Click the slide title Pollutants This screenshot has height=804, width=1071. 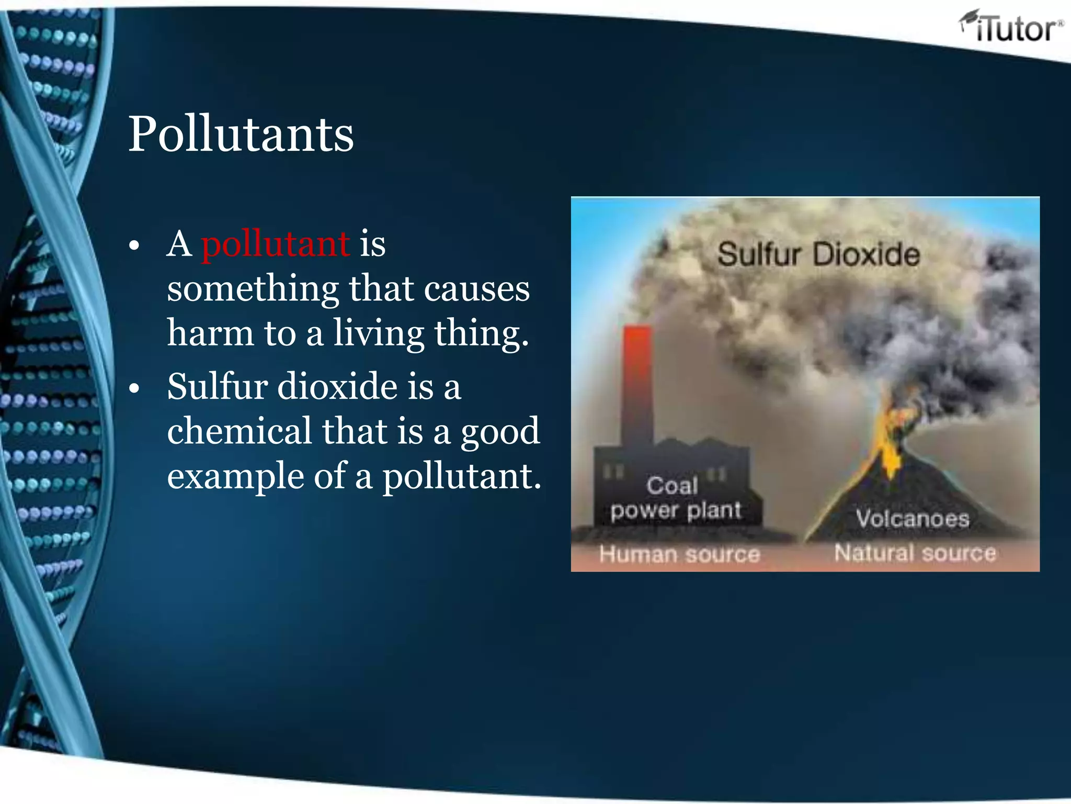[x=241, y=135]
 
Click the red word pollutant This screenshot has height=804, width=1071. [x=276, y=244]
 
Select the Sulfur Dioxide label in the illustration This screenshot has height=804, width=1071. [x=818, y=255]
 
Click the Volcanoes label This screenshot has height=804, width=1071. [x=913, y=519]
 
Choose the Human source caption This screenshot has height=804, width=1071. [x=679, y=554]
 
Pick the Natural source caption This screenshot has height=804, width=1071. [x=915, y=553]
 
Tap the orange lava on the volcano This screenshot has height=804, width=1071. [x=889, y=445]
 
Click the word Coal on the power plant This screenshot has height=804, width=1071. [x=672, y=485]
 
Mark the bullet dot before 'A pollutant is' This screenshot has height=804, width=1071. [x=134, y=245]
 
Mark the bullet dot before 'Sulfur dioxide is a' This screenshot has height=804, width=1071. [x=134, y=388]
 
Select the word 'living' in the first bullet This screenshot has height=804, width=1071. [x=379, y=334]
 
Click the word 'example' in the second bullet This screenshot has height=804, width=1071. [x=235, y=476]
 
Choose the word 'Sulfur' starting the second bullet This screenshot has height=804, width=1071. [x=218, y=386]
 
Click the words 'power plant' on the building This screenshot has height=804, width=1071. [x=676, y=510]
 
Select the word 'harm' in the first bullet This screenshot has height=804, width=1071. [x=210, y=333]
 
